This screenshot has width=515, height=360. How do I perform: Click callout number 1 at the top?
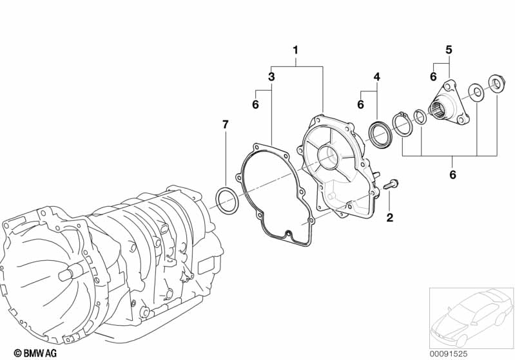point(295,50)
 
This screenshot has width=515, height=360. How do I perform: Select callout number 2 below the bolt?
point(390,217)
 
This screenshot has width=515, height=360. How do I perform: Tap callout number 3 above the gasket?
point(271,77)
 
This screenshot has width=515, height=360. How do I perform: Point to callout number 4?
point(376,77)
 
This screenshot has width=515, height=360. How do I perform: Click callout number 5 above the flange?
point(449,50)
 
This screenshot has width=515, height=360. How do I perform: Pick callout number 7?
point(226,125)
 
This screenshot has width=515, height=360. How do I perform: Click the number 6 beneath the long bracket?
point(452,175)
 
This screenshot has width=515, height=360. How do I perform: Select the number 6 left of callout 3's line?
point(255,104)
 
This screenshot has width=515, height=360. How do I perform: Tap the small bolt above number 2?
point(390,184)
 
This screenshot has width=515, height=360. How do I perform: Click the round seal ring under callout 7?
point(226,200)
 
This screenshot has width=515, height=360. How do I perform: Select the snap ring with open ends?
point(402,124)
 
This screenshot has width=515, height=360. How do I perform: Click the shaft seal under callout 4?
point(380,134)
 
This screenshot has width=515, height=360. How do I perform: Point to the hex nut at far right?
point(494,85)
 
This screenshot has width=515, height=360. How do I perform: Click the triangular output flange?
point(449,103)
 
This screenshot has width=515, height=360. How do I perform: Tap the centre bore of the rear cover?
point(329,157)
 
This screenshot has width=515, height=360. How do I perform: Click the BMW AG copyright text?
point(35,353)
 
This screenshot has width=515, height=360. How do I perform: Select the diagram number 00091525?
point(449,354)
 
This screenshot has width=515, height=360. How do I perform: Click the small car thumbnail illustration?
point(472,318)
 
